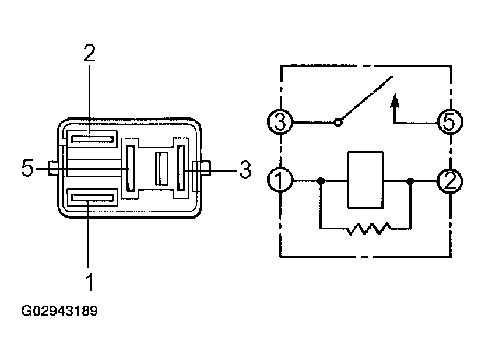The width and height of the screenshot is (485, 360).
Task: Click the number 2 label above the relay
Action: [89, 53]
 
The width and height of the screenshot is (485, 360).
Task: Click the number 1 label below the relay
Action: [89, 282]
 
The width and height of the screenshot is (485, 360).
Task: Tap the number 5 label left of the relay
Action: [27, 168]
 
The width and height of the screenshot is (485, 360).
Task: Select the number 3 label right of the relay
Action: [245, 169]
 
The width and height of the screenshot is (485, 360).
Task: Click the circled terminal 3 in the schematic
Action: [280, 121]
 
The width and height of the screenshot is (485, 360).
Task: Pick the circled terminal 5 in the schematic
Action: [449, 121]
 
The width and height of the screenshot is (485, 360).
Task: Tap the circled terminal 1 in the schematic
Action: [280, 180]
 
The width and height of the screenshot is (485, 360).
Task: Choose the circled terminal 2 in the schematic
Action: [449, 181]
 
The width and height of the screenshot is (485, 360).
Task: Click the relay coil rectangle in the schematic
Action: [365, 180]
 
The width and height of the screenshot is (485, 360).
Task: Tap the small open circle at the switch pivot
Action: [338, 123]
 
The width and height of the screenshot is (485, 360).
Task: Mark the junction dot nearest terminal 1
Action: [321, 180]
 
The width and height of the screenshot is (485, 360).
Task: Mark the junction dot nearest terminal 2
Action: [410, 181]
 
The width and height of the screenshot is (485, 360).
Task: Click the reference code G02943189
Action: [59, 311]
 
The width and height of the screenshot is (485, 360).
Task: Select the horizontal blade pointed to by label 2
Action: [92, 139]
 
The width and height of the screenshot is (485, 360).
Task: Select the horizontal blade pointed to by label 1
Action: [92, 198]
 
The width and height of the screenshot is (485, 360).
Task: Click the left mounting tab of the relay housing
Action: [53, 169]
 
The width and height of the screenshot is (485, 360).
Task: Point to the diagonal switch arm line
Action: [367, 98]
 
